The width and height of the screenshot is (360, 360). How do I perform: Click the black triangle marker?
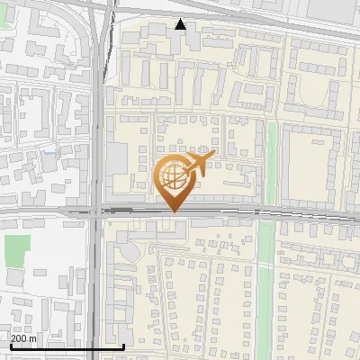181,24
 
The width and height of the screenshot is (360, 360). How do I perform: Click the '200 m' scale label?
23,337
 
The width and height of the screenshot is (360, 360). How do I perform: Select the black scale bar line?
67,346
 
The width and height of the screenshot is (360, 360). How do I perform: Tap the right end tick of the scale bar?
124,346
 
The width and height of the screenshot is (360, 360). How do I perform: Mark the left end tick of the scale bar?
11,346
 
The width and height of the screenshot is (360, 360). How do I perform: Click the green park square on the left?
16,250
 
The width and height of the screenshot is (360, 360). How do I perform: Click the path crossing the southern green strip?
265,265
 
